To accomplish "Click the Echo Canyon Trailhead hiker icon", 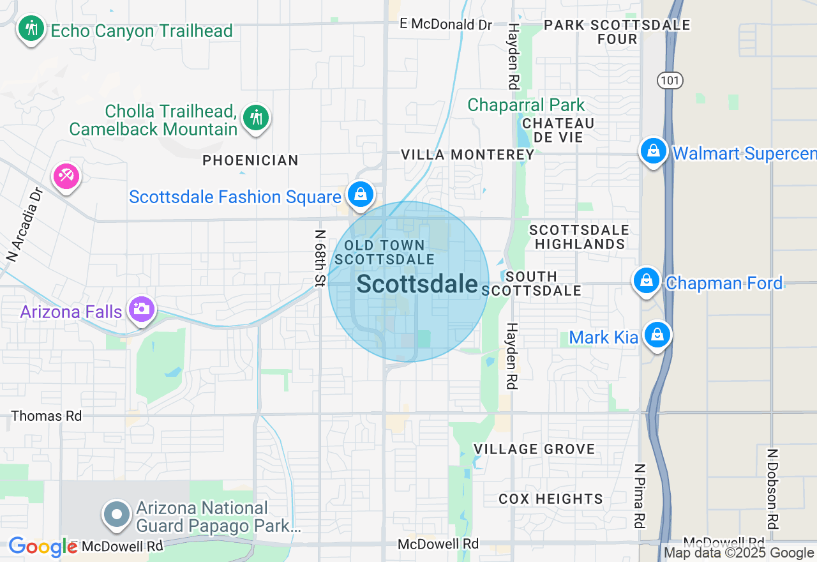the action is (30, 27).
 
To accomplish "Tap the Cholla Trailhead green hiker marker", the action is (256, 118).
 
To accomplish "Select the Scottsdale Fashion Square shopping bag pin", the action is (361, 194).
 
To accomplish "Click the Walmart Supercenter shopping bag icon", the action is (653, 151).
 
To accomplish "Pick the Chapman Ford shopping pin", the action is (647, 280).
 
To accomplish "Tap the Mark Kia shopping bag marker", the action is (657, 335).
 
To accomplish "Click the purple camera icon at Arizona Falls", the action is (142, 310).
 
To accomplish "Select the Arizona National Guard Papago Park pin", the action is (117, 514).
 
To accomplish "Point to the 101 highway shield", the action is (670, 80).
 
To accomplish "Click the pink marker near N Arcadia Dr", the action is (66, 176).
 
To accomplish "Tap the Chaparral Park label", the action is (526, 105).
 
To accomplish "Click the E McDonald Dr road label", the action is (446, 24).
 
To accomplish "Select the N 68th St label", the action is (320, 257).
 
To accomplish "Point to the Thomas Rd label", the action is (47, 416).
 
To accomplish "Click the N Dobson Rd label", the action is (773, 489).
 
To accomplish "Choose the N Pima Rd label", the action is (639, 495).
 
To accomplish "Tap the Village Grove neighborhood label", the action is (534, 449).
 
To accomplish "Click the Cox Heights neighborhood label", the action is (550, 499).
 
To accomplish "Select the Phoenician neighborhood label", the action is (250, 160).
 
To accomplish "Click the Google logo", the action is (43, 547).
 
